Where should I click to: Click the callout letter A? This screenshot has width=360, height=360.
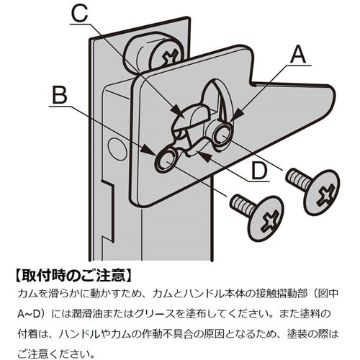[298, 55]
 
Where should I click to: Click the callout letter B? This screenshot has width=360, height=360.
[60, 96]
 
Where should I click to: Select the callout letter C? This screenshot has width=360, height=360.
[80, 14]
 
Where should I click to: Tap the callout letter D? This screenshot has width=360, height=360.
[259, 171]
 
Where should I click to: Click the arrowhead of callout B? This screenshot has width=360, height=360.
[149, 150]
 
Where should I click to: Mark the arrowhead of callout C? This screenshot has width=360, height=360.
[178, 110]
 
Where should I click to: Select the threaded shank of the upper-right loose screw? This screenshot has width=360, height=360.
[297, 177]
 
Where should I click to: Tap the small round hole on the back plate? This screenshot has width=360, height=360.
[117, 148]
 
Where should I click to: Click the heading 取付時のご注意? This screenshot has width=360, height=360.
[73, 275]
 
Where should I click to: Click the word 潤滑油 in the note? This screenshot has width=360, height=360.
[81, 314]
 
